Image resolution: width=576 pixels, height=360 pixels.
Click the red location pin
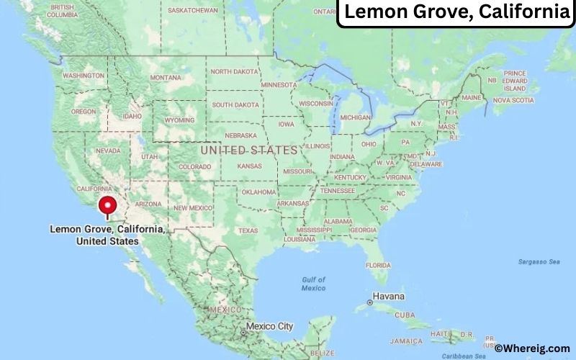click(x=108, y=205)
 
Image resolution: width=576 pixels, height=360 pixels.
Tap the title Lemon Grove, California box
click(x=455, y=12)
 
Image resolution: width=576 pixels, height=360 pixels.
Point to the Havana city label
click(x=388, y=297)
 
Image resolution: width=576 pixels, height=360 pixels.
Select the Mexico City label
click(x=270, y=326)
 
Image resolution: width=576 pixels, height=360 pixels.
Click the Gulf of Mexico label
click(x=313, y=283)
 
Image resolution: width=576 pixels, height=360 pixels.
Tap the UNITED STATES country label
click(x=248, y=150)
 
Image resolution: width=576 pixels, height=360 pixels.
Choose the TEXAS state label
click(x=248, y=230)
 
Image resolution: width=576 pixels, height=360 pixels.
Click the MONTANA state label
click(x=166, y=78)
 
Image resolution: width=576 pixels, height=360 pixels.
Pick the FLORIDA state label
click(x=377, y=265)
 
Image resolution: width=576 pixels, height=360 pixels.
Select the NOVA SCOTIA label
click(x=513, y=100)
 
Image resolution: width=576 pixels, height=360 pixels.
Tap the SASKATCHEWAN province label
click(x=192, y=11)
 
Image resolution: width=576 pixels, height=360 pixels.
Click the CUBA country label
click(x=405, y=315)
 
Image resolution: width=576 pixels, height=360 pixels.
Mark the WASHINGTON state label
click(x=84, y=75)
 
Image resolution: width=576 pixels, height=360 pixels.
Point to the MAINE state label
click(x=471, y=97)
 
